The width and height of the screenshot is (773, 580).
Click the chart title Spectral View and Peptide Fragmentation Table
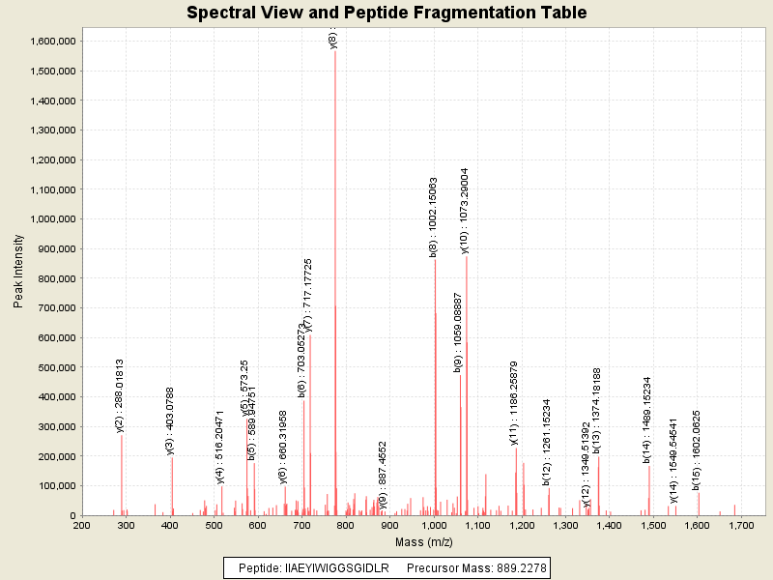point(386,13)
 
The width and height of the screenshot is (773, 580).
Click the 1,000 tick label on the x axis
point(434,525)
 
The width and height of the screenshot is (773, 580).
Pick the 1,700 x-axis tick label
point(741,525)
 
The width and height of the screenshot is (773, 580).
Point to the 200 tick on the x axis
point(82,525)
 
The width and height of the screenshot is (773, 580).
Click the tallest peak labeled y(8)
point(335,290)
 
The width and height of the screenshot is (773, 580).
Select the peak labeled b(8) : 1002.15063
point(435,387)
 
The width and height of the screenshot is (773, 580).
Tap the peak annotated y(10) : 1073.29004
point(466,387)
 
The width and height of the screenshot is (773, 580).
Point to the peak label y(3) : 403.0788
point(170,420)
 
